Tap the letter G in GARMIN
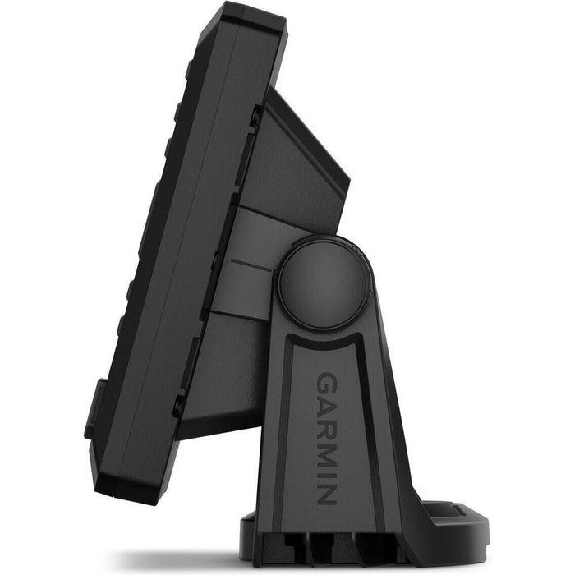[x=326, y=384]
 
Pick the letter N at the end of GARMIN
[x=326, y=494]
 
